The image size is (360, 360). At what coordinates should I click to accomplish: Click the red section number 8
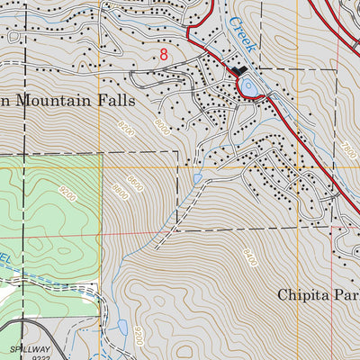point(163,54)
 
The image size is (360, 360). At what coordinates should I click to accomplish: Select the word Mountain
point(58,100)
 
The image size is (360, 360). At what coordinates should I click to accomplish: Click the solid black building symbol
point(239,72)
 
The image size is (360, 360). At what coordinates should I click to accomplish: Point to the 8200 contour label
point(124,132)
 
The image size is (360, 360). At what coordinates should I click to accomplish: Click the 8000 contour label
point(160,124)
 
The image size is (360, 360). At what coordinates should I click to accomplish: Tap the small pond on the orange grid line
point(196,180)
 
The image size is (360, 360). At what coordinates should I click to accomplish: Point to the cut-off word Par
point(350,294)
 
